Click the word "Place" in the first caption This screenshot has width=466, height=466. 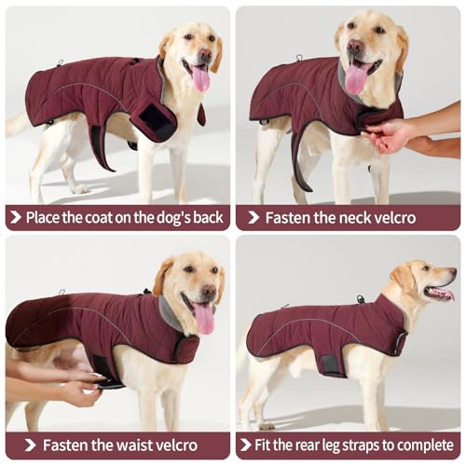[x=45, y=217]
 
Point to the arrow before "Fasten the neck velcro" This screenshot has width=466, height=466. [x=252, y=217]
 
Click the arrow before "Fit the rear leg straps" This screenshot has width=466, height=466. [x=247, y=445]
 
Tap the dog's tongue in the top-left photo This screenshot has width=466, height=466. [x=200, y=78]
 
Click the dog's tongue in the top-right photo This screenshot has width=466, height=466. [x=356, y=79]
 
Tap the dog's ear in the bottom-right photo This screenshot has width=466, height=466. [x=404, y=277]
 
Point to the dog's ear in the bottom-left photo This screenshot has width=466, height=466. [x=165, y=276]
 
